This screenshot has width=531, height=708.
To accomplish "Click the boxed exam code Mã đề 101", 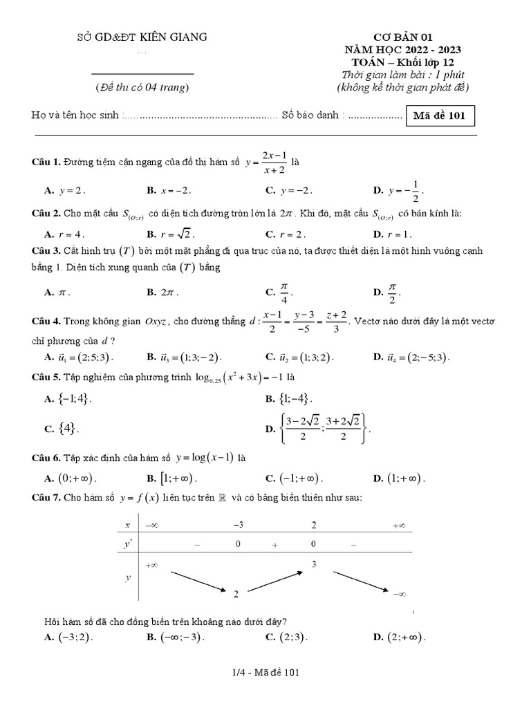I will [440, 115].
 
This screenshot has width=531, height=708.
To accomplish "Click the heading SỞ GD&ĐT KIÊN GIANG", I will [142, 37].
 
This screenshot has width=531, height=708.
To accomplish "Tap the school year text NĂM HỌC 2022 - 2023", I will [403, 50].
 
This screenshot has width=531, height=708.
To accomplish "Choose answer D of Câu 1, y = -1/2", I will [398, 189].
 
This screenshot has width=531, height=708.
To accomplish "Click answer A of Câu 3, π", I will [57, 292].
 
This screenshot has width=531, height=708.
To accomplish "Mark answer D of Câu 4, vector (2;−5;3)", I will [412, 357].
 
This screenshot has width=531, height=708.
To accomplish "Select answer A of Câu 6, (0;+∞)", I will [71, 478].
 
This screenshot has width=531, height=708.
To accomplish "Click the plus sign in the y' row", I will [274, 545].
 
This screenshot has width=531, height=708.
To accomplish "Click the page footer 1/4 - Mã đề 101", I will [265, 671].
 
